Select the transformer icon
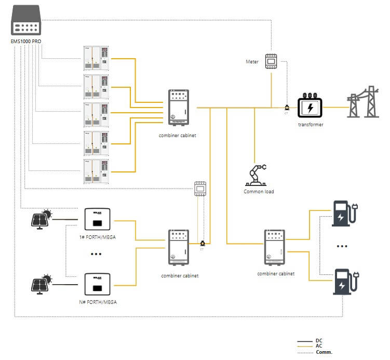point(311,107)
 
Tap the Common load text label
point(259,192)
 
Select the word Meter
point(252,62)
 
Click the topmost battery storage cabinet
point(97,59)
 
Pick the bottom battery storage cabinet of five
point(97,171)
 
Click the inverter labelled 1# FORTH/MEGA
point(97,219)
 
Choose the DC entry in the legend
point(319,340)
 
